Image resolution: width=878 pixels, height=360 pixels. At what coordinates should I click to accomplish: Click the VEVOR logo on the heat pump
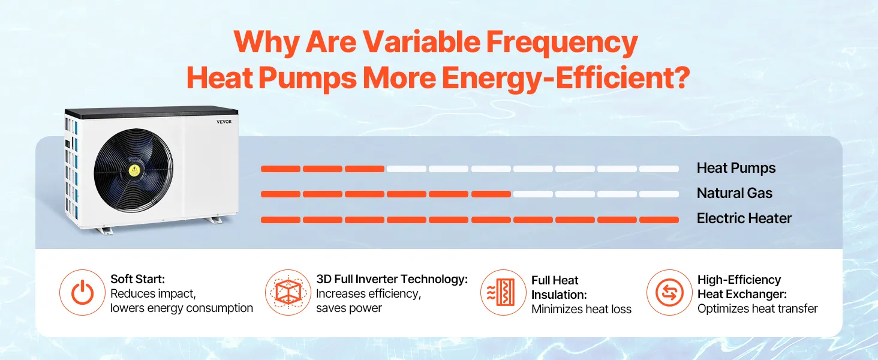(224, 122)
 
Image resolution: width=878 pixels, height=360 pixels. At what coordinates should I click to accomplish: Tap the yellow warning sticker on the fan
(134, 170)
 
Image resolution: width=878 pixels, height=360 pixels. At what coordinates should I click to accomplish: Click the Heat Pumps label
(736, 168)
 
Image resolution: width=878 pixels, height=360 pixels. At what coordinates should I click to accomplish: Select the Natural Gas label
(735, 193)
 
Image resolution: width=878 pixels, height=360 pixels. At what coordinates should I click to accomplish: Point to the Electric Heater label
(744, 218)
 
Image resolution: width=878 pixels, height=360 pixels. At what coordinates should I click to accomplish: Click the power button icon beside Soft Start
(82, 293)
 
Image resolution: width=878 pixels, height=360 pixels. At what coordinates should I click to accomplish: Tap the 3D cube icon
(288, 293)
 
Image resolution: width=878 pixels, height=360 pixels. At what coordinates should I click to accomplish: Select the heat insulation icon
(503, 293)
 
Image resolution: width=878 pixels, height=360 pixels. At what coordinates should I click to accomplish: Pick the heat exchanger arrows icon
(669, 293)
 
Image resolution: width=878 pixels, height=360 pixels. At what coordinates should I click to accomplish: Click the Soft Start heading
(137, 279)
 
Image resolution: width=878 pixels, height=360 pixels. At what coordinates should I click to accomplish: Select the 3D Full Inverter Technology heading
(392, 279)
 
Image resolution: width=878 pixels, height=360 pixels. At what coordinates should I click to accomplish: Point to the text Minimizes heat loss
(581, 310)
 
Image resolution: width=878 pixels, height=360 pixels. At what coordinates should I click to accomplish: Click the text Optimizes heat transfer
(757, 308)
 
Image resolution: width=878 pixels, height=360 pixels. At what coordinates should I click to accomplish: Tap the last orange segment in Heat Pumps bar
(365, 169)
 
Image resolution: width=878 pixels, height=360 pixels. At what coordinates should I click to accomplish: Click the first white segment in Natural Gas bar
(533, 194)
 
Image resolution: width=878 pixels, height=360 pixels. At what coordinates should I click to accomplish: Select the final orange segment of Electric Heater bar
(659, 220)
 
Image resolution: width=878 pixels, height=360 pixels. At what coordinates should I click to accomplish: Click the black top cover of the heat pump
(151, 112)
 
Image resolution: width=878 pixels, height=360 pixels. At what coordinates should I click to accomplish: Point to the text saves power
(349, 308)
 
